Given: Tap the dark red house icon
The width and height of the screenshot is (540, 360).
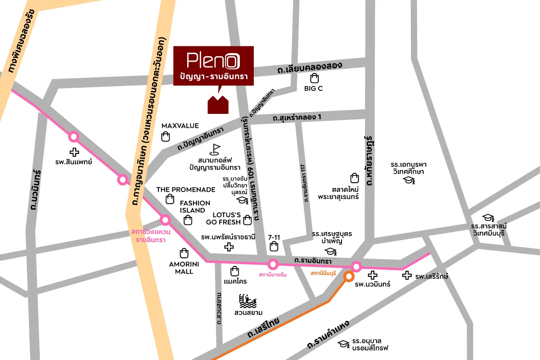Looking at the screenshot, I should coord(218,104).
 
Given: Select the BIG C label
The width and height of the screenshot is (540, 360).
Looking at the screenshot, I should coord(313,89).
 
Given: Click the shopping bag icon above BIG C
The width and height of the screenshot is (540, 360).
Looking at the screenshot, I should coord(314,78).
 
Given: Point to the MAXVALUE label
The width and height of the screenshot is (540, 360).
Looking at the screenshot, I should coord(180,126).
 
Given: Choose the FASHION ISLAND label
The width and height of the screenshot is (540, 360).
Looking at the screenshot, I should coord(195,207).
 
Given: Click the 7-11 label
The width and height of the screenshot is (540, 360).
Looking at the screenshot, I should coord(274,236).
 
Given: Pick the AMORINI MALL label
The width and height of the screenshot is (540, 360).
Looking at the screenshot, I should coord(181,268).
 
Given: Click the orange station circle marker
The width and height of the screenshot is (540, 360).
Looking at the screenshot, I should coord(348,276).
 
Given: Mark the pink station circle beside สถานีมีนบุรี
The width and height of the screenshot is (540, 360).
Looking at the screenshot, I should coord(356,266).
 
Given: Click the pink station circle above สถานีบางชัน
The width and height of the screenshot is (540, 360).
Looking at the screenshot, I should coord(272,264).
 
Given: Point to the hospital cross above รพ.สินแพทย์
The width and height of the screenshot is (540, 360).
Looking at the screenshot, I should coord(74,152).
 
